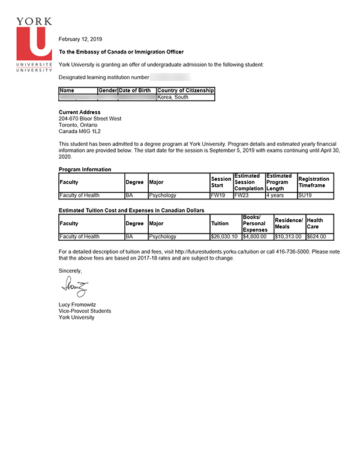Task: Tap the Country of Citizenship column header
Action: pos(185,90)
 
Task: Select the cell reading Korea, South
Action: pos(173,97)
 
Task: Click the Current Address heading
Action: pos(80,112)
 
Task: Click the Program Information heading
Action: pos(85,169)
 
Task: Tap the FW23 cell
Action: pos(241,195)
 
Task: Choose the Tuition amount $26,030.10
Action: pos(224,237)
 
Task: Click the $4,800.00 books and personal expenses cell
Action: pos(254,237)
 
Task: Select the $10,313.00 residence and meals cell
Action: pos(288,237)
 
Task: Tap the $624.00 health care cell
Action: pos(316,237)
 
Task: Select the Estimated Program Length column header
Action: pos(278,182)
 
